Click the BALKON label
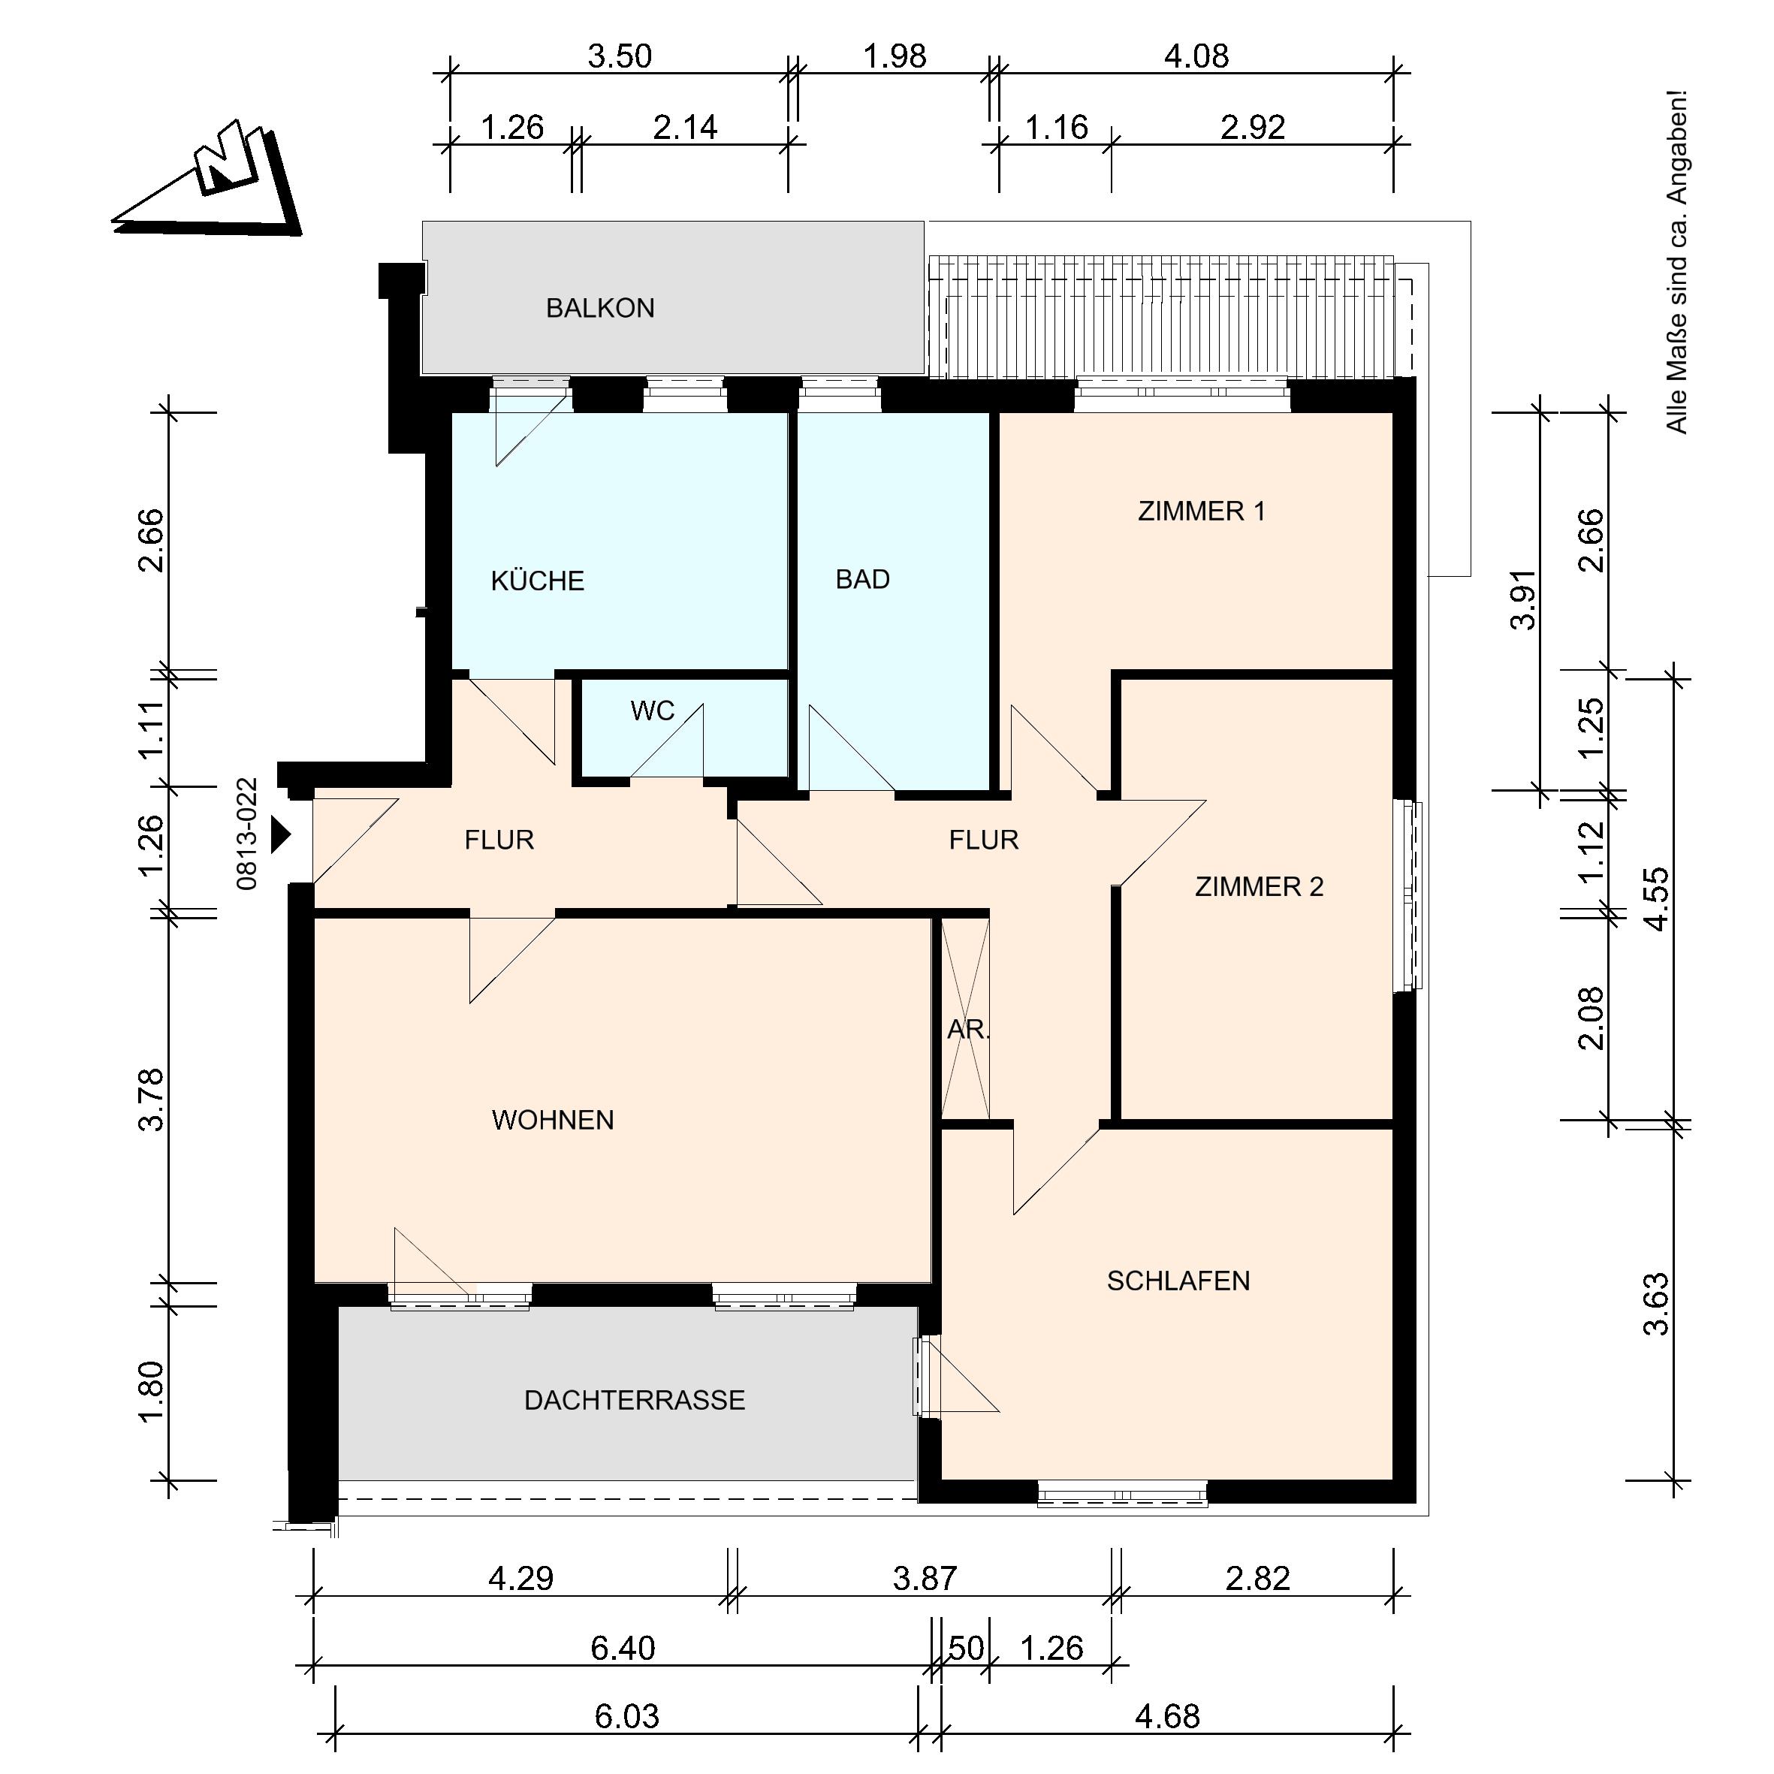point(601,309)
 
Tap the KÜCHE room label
point(538,581)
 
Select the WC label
point(653,711)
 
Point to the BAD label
point(863,579)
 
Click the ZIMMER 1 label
point(1202,511)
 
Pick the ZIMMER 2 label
point(1260,887)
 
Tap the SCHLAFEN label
point(1179,1281)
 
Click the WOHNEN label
point(553,1121)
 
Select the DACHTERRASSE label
point(635,1400)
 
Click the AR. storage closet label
point(969,1030)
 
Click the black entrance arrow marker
point(281,836)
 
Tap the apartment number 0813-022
point(247,834)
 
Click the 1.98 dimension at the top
point(895,57)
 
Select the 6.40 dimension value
point(623,1649)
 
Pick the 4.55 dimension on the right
point(1657,899)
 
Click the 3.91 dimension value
point(1523,599)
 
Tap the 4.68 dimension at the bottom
point(1168,1716)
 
